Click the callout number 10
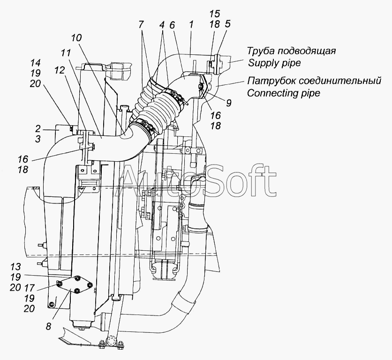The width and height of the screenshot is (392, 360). [76, 38]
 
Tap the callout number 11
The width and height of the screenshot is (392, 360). [66, 53]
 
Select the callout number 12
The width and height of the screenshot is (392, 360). [60, 70]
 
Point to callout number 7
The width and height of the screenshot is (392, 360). [141, 24]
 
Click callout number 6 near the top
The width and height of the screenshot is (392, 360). [172, 25]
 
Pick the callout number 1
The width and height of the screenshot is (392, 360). [191, 24]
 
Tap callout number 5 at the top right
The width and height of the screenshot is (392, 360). [227, 24]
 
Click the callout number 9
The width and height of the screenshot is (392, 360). [229, 103]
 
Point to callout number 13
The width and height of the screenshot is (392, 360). [16, 267]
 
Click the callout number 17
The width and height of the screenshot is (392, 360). [29, 288]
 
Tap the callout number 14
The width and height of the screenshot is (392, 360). [36, 62]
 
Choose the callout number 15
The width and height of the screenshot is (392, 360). [215, 14]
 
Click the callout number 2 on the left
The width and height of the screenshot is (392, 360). [38, 129]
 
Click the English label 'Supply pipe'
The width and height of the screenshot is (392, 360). [274, 62]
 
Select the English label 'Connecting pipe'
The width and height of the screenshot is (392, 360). [284, 93]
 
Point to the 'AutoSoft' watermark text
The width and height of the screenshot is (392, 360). [197, 180]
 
